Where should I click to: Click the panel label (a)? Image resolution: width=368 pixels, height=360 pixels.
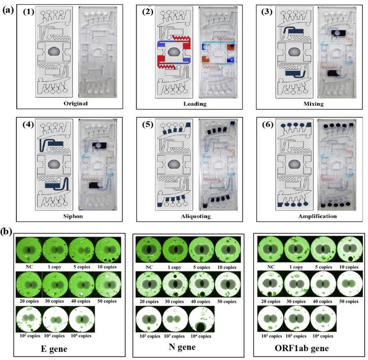[x=7, y=9]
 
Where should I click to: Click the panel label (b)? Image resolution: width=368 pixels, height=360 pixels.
[x=7, y=229]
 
